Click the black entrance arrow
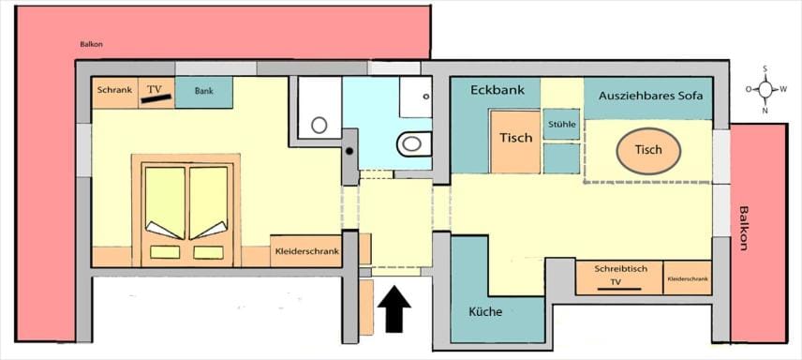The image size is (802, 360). (x=394, y=308)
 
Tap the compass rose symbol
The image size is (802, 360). (x=765, y=89)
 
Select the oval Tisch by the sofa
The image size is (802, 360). (x=648, y=150)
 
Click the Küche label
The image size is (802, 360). (x=484, y=311)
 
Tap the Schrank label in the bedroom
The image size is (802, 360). (x=114, y=91)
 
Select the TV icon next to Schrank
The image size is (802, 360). (x=156, y=92)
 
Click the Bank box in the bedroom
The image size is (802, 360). (x=204, y=92)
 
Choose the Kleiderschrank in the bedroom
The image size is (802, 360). (x=305, y=251)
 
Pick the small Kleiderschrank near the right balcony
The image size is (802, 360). (x=687, y=278)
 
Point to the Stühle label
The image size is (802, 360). (x=561, y=123)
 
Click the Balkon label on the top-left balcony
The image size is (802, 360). (x=91, y=43)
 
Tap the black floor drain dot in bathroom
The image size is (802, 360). (x=349, y=150)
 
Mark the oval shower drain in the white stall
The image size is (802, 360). (x=319, y=124)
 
